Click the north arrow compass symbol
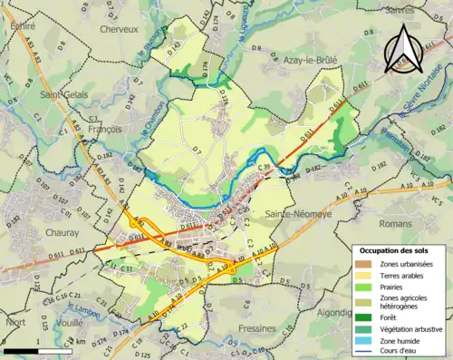pos(402,53)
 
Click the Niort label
pos(14,321)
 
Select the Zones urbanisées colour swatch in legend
pos(363,264)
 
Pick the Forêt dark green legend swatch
pos(363,316)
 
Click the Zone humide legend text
pos(400,342)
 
